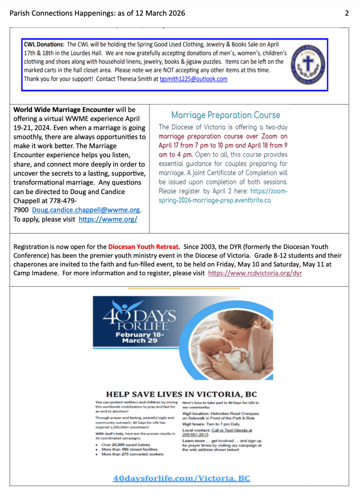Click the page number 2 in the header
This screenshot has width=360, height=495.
[346, 13]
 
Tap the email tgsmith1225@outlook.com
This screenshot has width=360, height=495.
[194, 79]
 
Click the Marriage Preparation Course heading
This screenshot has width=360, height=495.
[225, 115]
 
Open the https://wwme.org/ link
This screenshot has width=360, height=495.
[108, 219]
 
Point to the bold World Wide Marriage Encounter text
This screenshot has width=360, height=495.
[64, 109]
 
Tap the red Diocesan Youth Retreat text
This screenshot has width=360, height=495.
[144, 246]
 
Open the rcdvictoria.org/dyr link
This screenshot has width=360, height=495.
[255, 273]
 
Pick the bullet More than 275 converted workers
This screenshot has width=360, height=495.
[132, 454]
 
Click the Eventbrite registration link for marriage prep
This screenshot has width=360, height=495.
[223, 195]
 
